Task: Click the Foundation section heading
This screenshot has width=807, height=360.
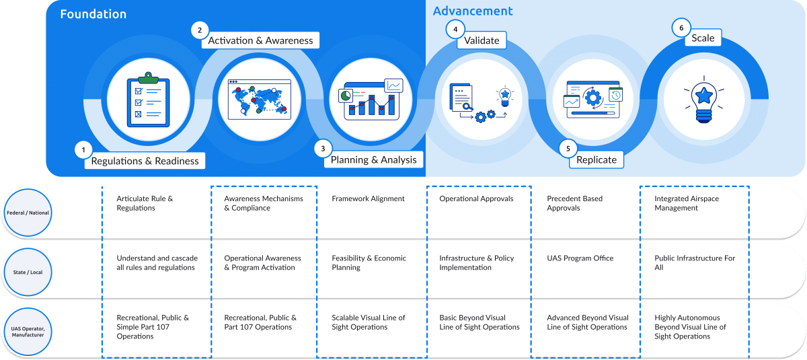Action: pyautogui.click(x=93, y=14)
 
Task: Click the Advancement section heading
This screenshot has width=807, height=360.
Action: pyautogui.click(x=473, y=11)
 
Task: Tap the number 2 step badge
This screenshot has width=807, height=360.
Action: pyautogui.click(x=200, y=30)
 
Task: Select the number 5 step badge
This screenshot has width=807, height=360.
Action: pyautogui.click(x=568, y=149)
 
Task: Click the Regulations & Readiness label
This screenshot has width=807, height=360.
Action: pyautogui.click(x=145, y=161)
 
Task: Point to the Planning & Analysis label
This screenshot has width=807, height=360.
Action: pyautogui.click(x=374, y=159)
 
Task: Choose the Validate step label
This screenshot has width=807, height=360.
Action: pyautogui.click(x=482, y=40)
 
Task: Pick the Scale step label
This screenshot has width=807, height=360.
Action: pyautogui.click(x=703, y=38)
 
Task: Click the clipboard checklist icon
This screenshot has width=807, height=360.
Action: pyautogui.click(x=148, y=99)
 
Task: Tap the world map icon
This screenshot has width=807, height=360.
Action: pyautogui.click(x=260, y=100)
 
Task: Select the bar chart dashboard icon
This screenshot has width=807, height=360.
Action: pyautogui.click(x=371, y=99)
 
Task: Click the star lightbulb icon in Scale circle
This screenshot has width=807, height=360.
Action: pyautogui.click(x=704, y=100)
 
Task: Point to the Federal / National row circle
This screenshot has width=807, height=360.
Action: pyautogui.click(x=28, y=213)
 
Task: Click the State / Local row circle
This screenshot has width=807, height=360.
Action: pyautogui.click(x=28, y=272)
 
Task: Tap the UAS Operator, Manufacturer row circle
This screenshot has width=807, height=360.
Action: pyautogui.click(x=28, y=332)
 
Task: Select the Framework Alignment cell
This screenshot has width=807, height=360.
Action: pyautogui.click(x=368, y=199)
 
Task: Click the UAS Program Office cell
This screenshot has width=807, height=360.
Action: pyautogui.click(x=580, y=258)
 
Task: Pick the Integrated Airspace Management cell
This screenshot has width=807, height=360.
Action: pyautogui.click(x=687, y=203)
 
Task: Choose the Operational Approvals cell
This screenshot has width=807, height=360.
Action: pyautogui.click(x=476, y=199)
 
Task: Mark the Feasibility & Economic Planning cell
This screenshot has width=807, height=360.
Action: pyautogui.click(x=369, y=262)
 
